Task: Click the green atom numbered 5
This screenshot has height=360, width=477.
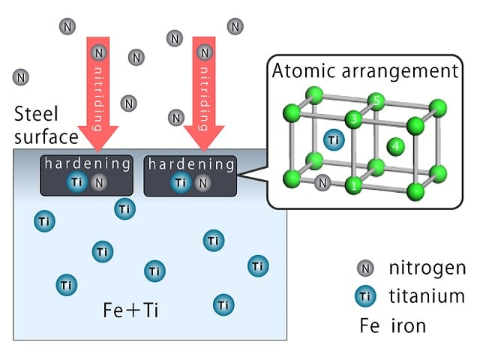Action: (376, 101)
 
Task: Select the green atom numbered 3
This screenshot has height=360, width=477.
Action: (353, 119)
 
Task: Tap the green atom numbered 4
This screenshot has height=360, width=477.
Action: (395, 146)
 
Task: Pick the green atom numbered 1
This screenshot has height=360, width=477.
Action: (354, 185)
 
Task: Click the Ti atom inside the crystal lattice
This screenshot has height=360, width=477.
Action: (334, 140)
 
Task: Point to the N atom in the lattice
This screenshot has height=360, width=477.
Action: (322, 183)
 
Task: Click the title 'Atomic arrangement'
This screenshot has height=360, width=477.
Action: (365, 71)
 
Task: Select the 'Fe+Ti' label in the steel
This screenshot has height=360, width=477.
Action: (130, 310)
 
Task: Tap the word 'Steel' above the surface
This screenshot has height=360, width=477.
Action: (36, 114)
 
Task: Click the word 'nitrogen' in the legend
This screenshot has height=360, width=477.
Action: (427, 268)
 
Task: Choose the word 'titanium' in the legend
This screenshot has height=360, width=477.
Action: (427, 295)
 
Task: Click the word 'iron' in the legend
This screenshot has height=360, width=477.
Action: (409, 325)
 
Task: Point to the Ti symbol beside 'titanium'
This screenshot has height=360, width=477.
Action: (365, 296)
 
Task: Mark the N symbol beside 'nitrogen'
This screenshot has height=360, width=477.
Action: (365, 268)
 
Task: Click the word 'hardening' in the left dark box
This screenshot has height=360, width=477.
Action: (87, 163)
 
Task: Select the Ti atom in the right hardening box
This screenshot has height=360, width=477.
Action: (181, 182)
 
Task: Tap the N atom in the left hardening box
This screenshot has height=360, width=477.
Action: (99, 182)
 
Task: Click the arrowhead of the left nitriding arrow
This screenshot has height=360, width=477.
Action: (98, 139)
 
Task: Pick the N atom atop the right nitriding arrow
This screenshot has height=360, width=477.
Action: (205, 53)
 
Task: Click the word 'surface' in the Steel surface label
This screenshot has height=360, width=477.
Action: (46, 137)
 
